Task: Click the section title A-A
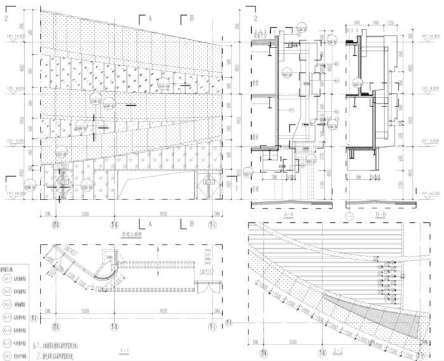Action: click(287, 215)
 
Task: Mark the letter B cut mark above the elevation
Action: click(191, 20)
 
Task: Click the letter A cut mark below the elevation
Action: click(150, 224)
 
